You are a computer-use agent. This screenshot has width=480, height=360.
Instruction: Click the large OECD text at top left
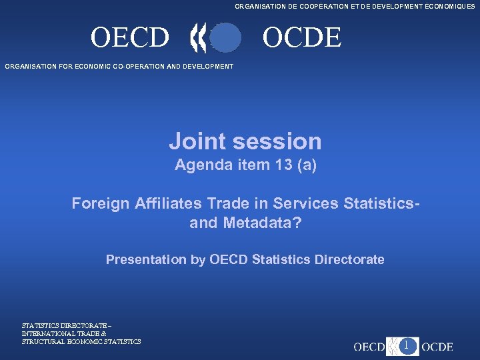pos(130,38)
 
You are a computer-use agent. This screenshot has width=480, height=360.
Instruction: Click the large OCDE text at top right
pos(301,38)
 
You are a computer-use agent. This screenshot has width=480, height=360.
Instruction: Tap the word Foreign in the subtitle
pos(98,203)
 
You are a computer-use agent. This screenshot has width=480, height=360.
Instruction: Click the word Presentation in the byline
pos(146,259)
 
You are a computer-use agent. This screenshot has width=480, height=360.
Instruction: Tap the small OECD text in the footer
pos(369,347)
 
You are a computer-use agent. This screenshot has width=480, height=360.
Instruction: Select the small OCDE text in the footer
pos(437,347)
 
